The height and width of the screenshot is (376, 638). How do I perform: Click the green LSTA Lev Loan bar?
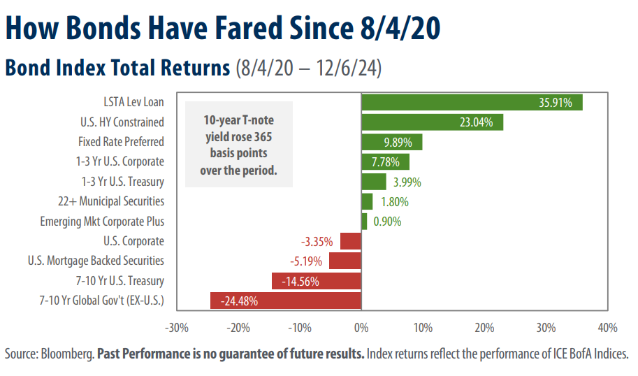point(472,102)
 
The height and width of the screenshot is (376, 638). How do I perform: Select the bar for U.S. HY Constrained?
point(433,122)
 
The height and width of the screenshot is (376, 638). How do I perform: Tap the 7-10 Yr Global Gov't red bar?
point(286,301)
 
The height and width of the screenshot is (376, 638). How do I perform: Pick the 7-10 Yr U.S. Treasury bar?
point(317,281)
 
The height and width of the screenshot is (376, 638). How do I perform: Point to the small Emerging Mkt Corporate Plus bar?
point(364,222)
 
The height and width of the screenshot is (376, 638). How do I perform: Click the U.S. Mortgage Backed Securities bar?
point(345,261)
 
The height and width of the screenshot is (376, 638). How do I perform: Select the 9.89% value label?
point(398,143)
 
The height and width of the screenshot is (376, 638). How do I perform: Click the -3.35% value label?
point(317,242)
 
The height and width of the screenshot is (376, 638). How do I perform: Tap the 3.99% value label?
point(407,182)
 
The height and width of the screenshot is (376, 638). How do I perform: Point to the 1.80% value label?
point(395,202)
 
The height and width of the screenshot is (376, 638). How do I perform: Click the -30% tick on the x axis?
point(177,328)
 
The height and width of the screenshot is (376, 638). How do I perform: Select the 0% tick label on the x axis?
point(361,328)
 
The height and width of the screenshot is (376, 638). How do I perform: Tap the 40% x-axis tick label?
point(607,328)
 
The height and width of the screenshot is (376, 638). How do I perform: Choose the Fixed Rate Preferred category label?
point(122,142)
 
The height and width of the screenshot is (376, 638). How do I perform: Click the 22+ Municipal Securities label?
point(111,201)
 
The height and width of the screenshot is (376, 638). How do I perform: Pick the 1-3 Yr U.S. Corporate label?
point(120,161)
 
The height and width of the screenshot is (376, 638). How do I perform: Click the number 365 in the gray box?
point(263,137)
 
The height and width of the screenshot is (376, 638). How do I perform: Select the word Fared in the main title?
point(248,28)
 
